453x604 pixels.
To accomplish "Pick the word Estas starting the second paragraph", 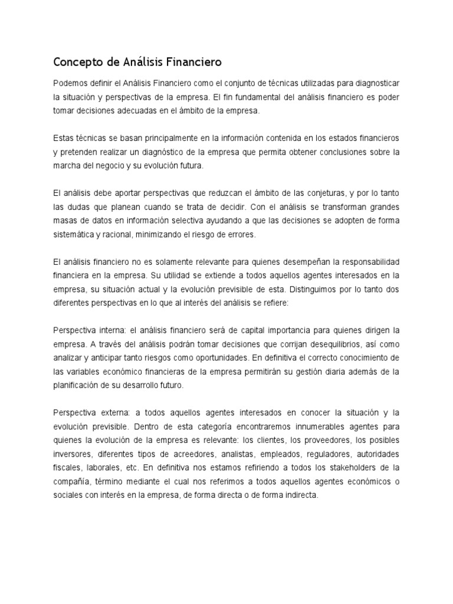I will [64, 138].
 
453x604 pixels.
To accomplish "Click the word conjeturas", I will [308, 193].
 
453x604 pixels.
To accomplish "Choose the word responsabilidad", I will [365, 262].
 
